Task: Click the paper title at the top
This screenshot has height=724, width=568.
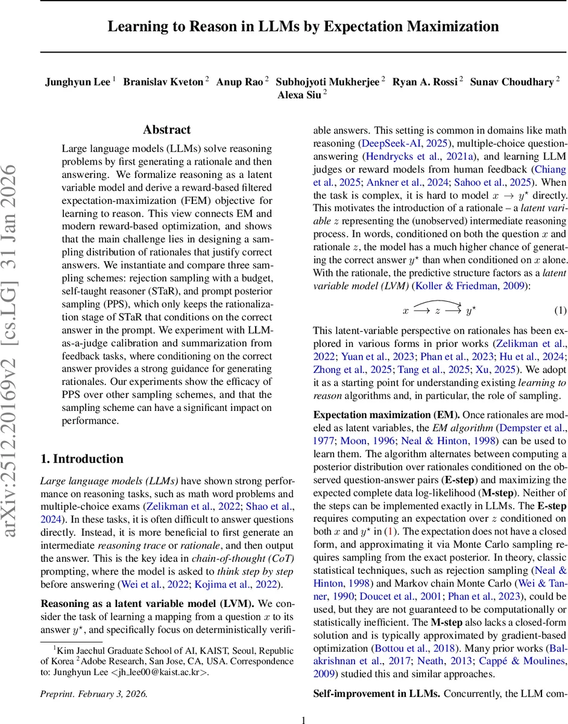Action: (x=303, y=27)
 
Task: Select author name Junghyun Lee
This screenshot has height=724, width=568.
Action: (x=78, y=82)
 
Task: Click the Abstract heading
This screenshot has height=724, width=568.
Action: (x=166, y=130)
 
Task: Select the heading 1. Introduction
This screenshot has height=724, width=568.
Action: (x=81, y=459)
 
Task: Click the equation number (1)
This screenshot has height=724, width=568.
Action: (x=560, y=310)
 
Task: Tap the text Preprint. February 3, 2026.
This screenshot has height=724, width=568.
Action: (x=93, y=694)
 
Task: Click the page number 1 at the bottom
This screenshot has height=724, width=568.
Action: (x=303, y=719)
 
